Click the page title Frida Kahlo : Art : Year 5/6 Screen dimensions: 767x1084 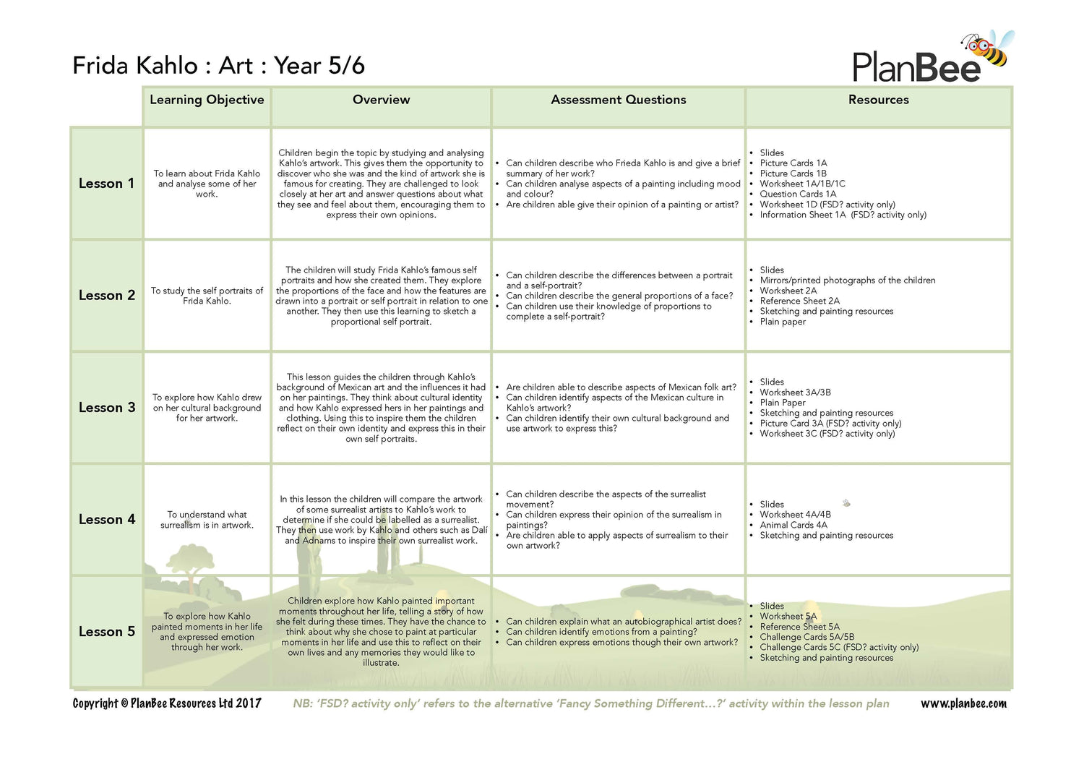click(218, 66)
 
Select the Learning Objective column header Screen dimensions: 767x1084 click(207, 100)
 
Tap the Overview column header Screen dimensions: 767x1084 click(381, 100)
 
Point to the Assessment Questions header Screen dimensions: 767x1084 click(618, 100)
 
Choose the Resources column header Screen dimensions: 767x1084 click(878, 100)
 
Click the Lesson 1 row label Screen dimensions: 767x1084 click(107, 184)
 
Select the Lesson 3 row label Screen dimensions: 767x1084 click(107, 408)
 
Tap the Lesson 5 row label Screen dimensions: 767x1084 click(107, 632)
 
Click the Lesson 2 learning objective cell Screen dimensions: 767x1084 click(207, 296)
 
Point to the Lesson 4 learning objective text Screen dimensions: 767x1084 click(207, 520)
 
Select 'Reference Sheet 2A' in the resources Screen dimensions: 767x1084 click(799, 301)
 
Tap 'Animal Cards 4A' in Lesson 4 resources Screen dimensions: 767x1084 click(793, 525)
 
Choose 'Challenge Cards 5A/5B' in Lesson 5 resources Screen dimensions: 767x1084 click(806, 637)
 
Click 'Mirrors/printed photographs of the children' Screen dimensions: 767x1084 click(847, 280)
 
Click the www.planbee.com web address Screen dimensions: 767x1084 click(963, 703)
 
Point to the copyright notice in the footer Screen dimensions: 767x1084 click(167, 703)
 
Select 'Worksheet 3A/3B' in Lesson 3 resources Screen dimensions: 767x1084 click(795, 393)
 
